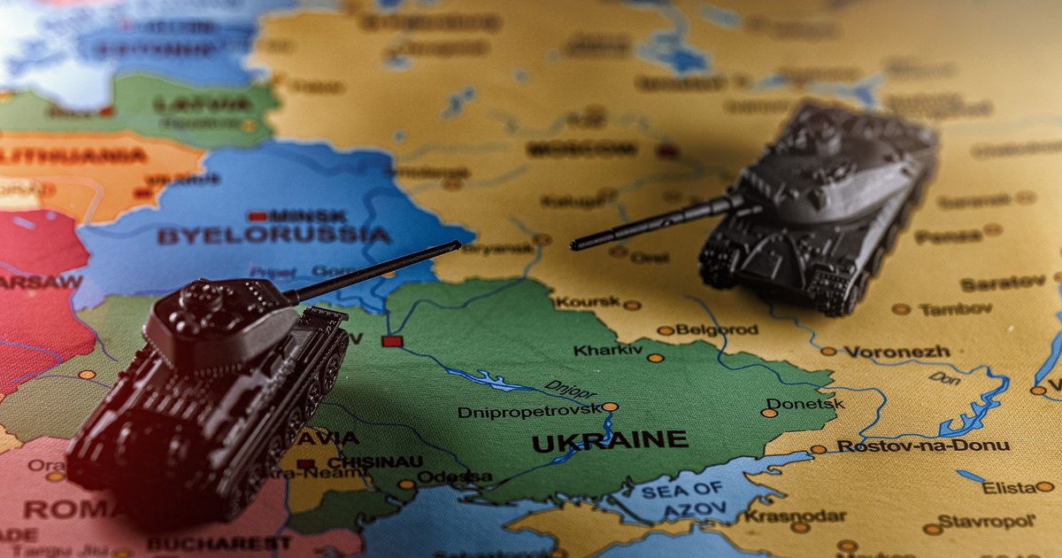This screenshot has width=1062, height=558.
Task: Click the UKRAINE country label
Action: click(x=610, y=440)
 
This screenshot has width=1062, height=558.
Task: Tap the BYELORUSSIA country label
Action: click(x=274, y=236)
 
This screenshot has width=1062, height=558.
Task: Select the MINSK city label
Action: click(x=309, y=215)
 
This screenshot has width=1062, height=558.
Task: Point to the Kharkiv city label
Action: click(x=608, y=351)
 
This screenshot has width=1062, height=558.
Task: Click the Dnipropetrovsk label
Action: click(x=529, y=412)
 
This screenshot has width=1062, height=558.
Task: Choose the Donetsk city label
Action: click(x=805, y=404)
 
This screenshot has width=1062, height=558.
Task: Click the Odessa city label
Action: click(x=454, y=477)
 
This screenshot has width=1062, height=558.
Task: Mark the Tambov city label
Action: click(x=955, y=310)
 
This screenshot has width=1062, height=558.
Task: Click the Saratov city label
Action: click(x=1002, y=283)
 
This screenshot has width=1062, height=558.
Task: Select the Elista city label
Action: click(x=1007, y=487)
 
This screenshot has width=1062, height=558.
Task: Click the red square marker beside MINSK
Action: click(x=258, y=215)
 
